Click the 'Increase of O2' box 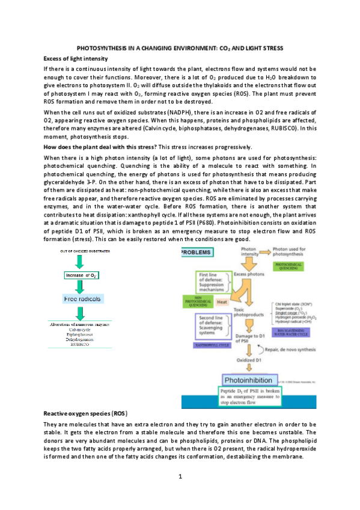click(x=81, y=275)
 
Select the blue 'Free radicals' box click(x=82, y=298)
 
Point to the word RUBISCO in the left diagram click(x=80, y=345)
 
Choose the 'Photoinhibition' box click(x=251, y=380)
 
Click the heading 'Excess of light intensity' click(x=76, y=58)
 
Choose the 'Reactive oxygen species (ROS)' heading click(x=85, y=415)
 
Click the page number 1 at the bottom click(x=180, y=477)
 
